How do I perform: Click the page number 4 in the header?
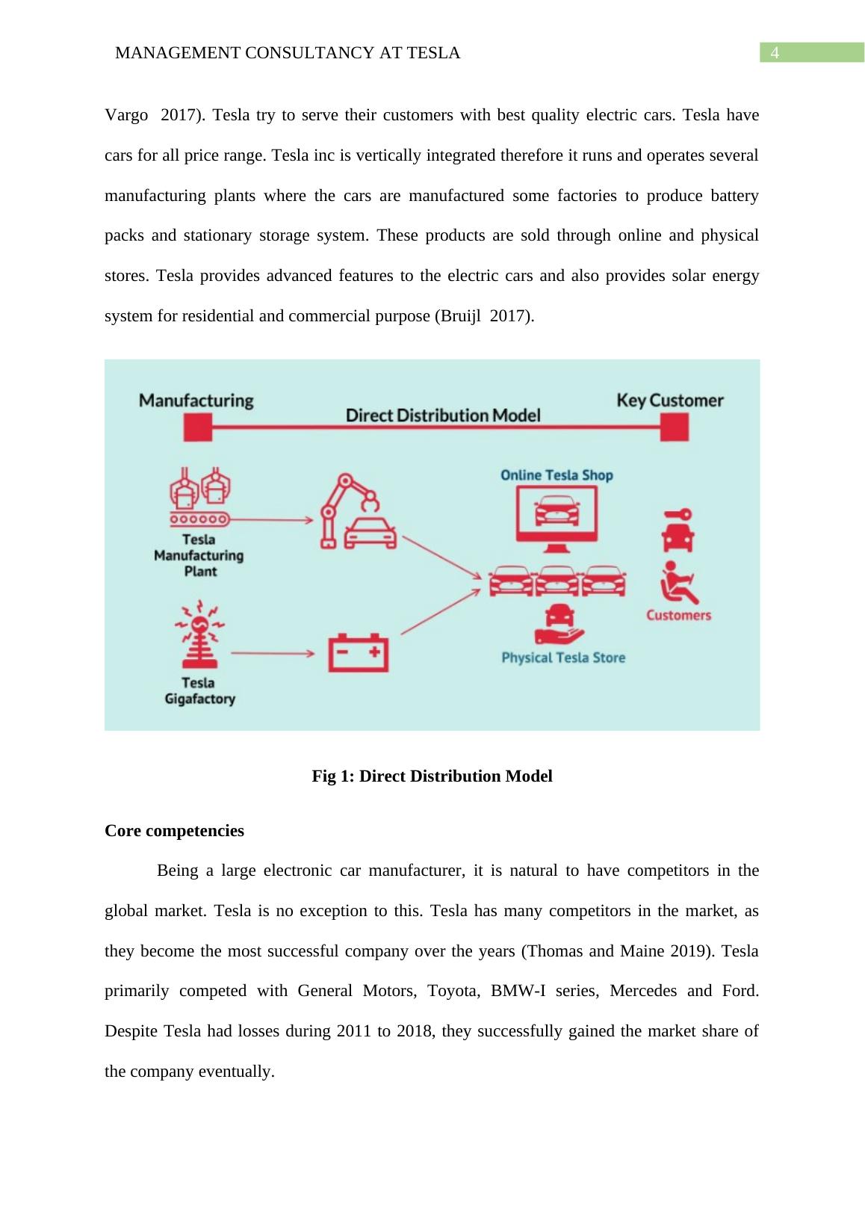coord(775,53)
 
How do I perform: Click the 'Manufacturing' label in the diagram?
coord(196,401)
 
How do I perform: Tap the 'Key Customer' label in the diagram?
coord(670,401)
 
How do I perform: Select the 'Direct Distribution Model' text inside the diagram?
coord(443,415)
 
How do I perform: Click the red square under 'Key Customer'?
coord(675,428)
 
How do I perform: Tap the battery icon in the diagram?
coord(359,653)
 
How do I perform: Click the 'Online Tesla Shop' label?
coord(556,475)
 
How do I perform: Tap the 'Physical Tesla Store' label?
coord(563,658)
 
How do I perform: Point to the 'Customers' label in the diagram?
coord(678,615)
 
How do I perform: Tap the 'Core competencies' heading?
coord(174,831)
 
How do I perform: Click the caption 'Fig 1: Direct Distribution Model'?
coord(432,776)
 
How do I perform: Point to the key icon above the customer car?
coord(678,516)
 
